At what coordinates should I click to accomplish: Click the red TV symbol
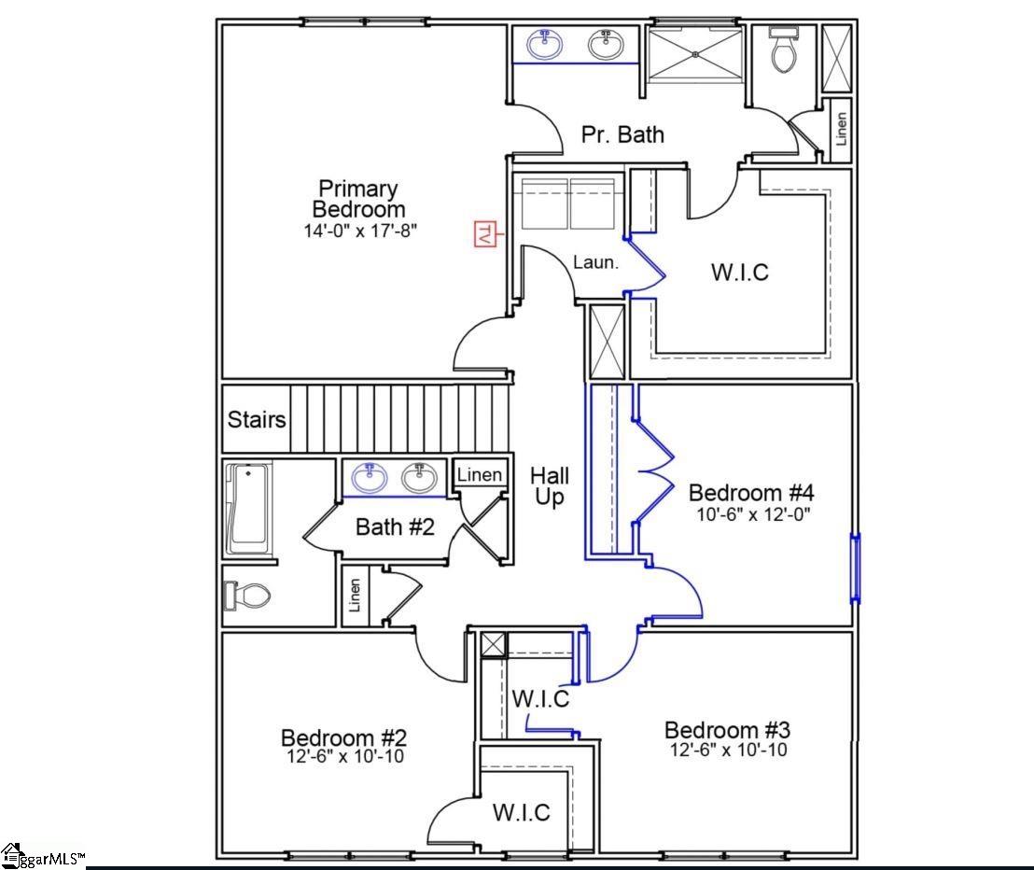pos(483,233)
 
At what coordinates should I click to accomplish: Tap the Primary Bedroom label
pos(358,199)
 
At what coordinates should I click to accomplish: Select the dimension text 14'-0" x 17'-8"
pos(359,230)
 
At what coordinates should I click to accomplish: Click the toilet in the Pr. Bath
pos(784,51)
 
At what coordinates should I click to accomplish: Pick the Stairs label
pos(257,419)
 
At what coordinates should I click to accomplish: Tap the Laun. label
pos(595,262)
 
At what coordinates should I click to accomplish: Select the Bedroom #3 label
pos(727,729)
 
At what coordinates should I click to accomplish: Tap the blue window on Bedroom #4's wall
pos(855,568)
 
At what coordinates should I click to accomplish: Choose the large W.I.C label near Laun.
pos(740,273)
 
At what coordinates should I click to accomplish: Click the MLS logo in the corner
pos(42,854)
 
